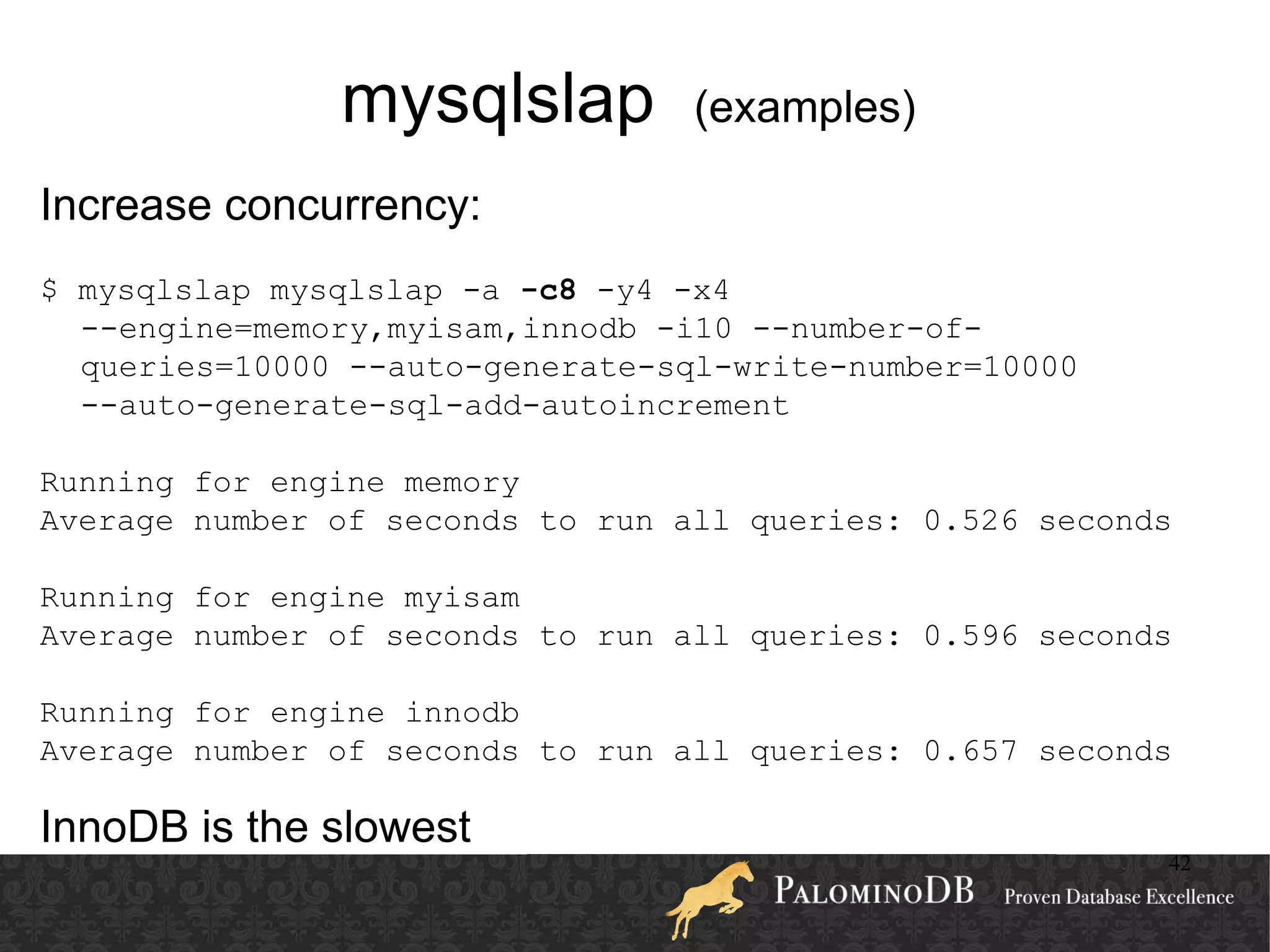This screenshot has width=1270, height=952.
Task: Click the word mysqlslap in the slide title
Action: (497, 101)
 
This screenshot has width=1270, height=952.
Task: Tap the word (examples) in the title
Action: (805, 108)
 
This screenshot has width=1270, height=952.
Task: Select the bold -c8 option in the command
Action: (548, 290)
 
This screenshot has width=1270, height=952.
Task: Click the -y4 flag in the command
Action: (624, 290)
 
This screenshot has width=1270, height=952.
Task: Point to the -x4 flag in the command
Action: (701, 290)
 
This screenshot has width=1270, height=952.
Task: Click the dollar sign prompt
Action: (49, 290)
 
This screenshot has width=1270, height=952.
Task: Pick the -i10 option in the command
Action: (694, 329)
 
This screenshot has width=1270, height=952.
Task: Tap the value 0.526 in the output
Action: (970, 521)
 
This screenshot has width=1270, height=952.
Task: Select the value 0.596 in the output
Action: (970, 636)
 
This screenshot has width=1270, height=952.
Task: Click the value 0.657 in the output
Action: (970, 752)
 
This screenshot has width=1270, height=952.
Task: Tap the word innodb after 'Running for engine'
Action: (461, 713)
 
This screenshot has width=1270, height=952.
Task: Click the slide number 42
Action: (1179, 863)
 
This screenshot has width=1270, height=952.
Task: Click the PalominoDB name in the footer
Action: (874, 891)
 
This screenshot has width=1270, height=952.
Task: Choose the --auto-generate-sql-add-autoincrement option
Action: (435, 406)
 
